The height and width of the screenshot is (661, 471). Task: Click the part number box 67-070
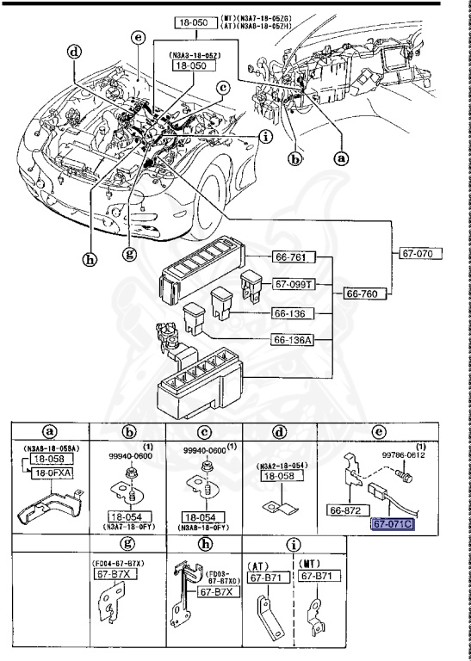tap(421, 254)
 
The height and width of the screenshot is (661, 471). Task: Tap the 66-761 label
tap(296, 257)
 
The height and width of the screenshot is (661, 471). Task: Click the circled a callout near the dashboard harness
tap(341, 158)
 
